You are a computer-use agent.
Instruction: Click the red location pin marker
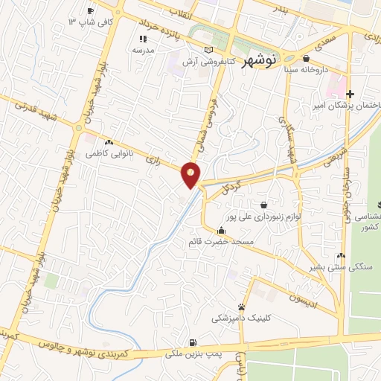(x=191, y=174)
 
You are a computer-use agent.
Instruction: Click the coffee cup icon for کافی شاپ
(x=91, y=10)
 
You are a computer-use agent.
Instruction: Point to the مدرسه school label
(x=143, y=50)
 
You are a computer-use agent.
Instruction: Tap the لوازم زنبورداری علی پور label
(x=263, y=217)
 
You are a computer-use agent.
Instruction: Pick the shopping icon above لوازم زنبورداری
(x=263, y=205)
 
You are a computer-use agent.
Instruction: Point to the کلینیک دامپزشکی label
(x=241, y=318)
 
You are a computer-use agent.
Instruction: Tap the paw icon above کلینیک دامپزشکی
(x=241, y=307)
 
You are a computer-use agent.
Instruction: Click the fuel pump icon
(x=193, y=343)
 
